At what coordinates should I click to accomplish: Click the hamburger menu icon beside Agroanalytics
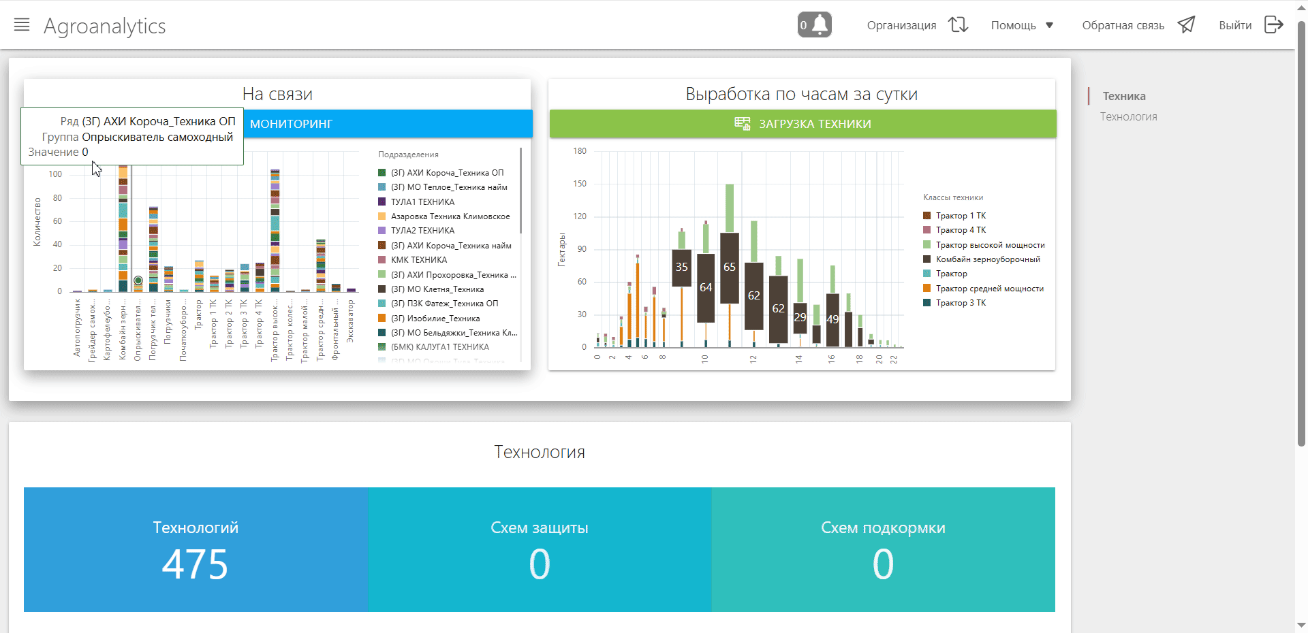tap(22, 25)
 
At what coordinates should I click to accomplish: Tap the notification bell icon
tap(815, 25)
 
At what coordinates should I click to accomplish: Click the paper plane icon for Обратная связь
tap(1186, 25)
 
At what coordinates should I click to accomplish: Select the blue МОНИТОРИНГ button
tap(387, 124)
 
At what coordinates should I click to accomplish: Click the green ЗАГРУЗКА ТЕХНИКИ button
tap(803, 124)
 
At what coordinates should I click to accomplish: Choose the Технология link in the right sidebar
tap(1128, 117)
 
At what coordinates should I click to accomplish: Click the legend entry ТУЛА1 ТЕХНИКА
tap(422, 202)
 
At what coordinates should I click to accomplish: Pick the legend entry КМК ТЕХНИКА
tap(418, 260)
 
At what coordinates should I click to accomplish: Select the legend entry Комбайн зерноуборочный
tap(987, 259)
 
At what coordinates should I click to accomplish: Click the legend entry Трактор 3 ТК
tap(961, 303)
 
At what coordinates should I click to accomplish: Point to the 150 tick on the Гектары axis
tap(580, 184)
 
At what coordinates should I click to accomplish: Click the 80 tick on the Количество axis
tap(57, 198)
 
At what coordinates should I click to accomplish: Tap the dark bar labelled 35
tap(681, 267)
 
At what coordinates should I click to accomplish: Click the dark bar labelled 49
tap(832, 320)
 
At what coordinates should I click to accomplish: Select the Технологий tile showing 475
tap(196, 549)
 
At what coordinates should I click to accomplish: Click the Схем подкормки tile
tap(883, 549)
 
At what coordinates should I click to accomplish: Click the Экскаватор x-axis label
tap(351, 321)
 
